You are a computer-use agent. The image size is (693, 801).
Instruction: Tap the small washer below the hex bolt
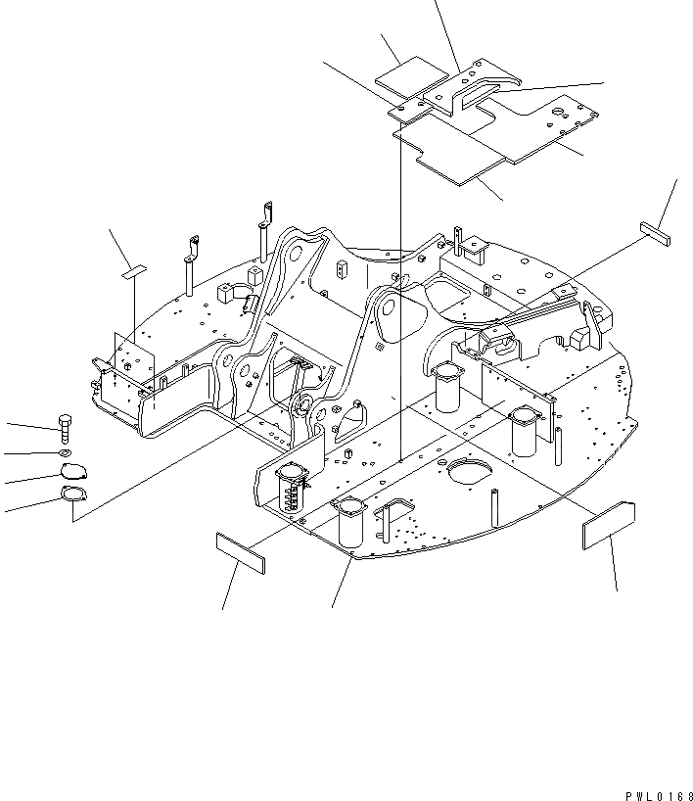click(x=64, y=453)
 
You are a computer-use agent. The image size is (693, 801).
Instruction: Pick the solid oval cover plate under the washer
click(x=71, y=471)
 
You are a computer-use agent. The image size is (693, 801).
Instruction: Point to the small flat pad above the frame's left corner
click(x=132, y=271)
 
